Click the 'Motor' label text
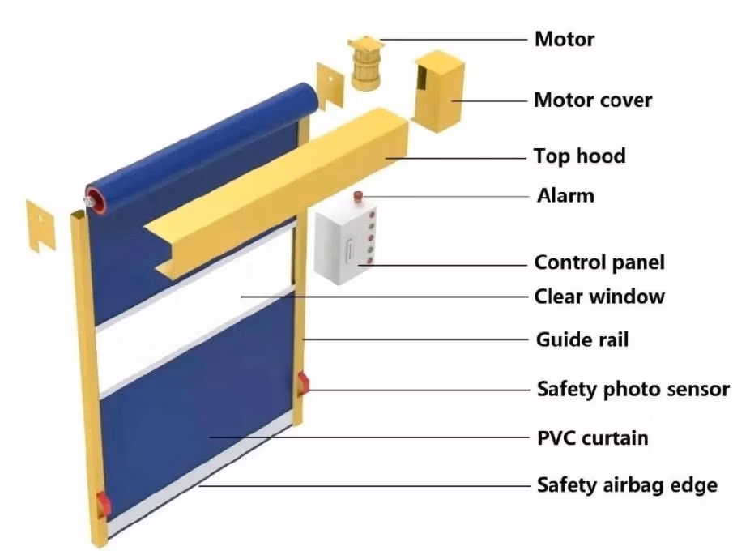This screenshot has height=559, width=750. point(565,38)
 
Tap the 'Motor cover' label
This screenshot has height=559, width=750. point(593,100)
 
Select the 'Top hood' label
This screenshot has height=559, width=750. point(579,156)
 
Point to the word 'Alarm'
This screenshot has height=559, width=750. point(565,195)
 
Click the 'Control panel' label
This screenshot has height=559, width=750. point(599,262)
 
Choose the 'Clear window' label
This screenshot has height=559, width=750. point(599,297)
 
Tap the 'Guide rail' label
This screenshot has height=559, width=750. point(582,339)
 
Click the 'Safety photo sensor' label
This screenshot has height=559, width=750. point(633,389)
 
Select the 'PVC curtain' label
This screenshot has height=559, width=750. point(593,437)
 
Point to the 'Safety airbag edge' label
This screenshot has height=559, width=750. point(627,485)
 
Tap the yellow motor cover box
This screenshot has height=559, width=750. point(442,91)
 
